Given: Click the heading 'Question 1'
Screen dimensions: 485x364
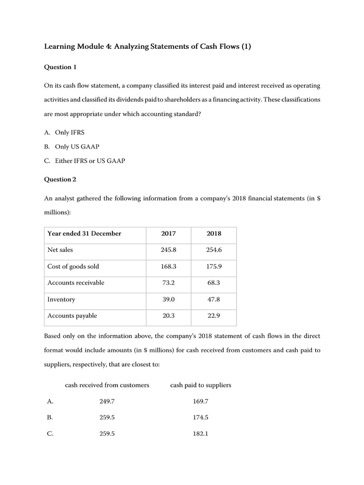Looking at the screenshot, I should coord(60,67).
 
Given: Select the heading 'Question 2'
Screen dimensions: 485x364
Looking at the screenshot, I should coord(60,180).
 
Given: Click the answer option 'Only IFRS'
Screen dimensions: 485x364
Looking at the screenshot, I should coord(70,132).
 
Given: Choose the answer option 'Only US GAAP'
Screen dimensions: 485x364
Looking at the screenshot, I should coord(77,146).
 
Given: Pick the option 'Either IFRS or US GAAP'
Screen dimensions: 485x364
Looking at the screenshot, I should coord(90,161).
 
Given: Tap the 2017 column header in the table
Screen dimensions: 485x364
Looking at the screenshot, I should coord(168,234).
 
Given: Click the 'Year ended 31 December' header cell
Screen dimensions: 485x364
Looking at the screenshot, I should coord(84,234).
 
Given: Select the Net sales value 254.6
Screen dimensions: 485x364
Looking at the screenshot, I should coord(214,250).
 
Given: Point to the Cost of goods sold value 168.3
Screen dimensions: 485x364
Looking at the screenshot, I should coord(168,267).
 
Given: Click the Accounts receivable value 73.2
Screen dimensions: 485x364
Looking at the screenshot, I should coord(168,283).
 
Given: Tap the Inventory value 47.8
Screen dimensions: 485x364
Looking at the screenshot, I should coord(214,299).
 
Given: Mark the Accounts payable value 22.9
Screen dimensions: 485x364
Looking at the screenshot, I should coord(214,316).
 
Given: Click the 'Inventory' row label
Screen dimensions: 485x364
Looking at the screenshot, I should coord(61,299).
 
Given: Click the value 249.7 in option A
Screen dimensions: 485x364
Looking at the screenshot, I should coord(107,402).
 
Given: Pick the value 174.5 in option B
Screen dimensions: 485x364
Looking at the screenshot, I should coord(201,418).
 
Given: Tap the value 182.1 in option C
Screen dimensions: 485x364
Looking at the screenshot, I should coord(201,434).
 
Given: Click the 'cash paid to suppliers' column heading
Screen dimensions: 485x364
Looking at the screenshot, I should coord(200,385).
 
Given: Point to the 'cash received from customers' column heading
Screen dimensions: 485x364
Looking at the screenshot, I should coord(107,385).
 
